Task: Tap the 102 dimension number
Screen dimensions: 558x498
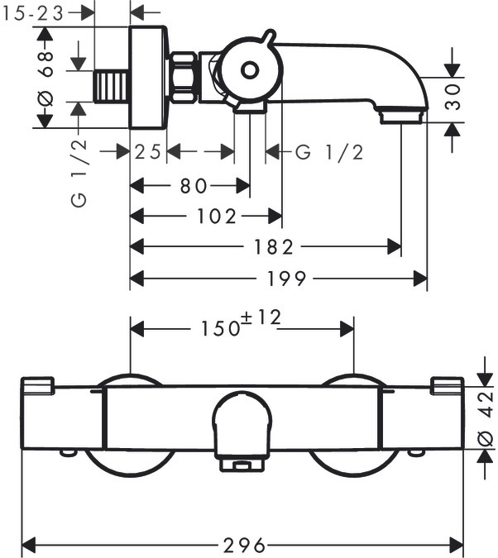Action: tap(219, 217)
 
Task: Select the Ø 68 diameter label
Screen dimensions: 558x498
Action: tap(46, 77)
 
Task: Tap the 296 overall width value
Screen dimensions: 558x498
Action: tap(245, 545)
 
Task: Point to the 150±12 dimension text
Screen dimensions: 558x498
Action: tap(241, 327)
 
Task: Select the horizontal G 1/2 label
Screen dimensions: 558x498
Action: tap(329, 152)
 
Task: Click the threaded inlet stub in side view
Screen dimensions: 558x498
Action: tap(113, 84)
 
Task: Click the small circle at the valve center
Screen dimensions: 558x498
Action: tap(249, 70)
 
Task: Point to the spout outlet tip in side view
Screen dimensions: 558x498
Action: tap(401, 118)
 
